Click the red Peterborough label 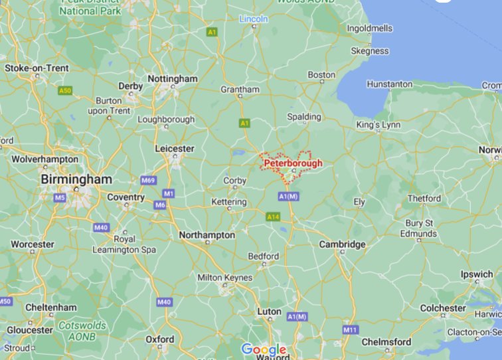point(292,163)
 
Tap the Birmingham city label point(76,180)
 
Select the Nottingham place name point(173,78)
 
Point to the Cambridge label point(342,244)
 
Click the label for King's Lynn point(378,125)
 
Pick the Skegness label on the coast point(370,51)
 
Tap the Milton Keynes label point(225,277)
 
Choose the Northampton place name point(207,235)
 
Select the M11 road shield point(349,329)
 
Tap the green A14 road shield point(273,217)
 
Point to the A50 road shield point(64,90)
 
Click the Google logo point(264,349)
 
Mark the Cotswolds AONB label point(82,331)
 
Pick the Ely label point(359,202)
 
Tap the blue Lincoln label point(254,19)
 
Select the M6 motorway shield point(160,205)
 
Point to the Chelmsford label point(386,342)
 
